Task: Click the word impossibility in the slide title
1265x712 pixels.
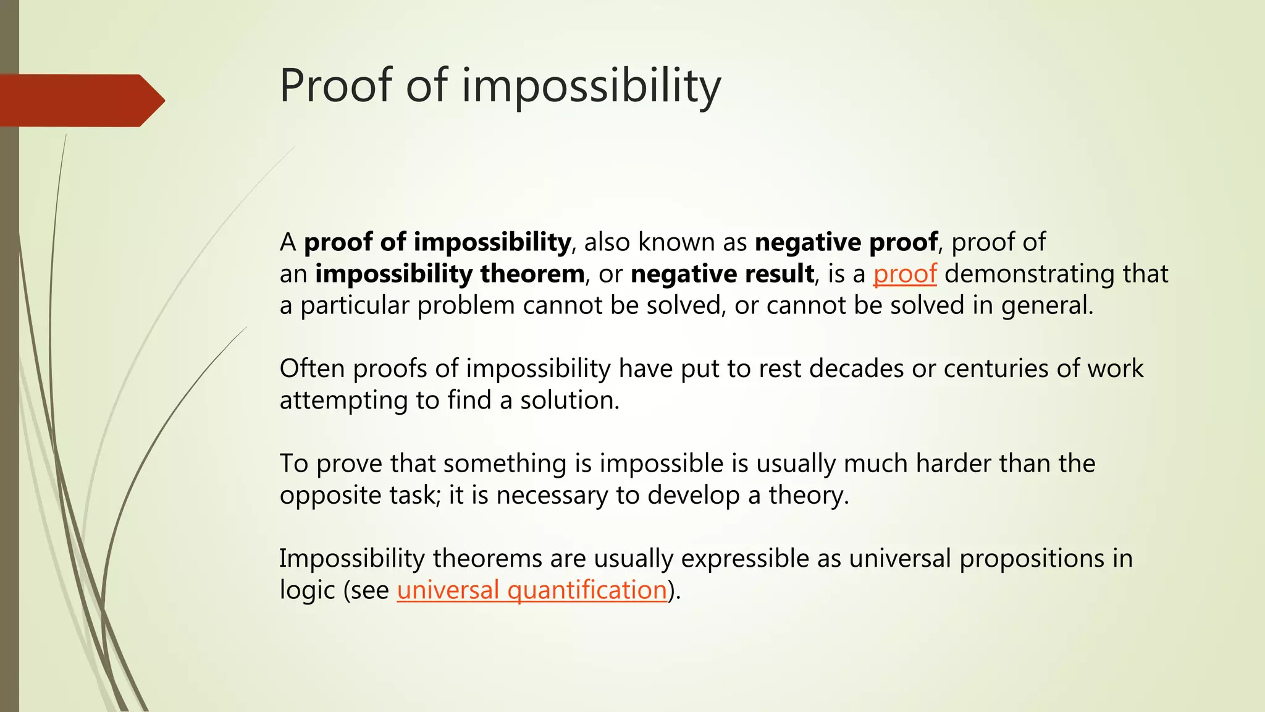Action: coord(591,87)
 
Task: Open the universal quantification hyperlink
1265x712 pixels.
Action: coord(532,590)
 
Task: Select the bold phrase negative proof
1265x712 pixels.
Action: coord(846,242)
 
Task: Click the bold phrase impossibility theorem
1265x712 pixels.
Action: coord(450,274)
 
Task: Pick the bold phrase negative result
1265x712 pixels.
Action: coord(722,274)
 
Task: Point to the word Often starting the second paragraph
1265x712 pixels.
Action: coord(312,368)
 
